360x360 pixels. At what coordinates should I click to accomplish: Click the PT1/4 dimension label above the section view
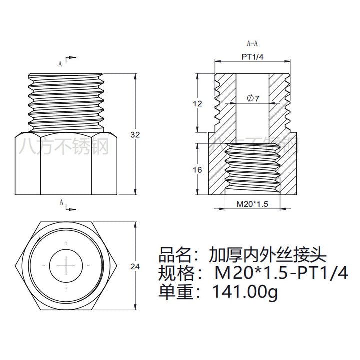tap(252, 57)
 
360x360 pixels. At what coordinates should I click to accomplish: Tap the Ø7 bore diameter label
tap(253, 98)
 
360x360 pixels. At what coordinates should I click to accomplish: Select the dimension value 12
tap(197, 104)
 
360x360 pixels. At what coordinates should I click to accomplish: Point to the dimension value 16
tap(197, 170)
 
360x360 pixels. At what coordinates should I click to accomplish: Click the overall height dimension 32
tap(135, 135)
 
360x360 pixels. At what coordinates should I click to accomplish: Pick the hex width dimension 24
tap(135, 267)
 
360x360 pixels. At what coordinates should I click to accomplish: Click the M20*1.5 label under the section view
tap(252, 204)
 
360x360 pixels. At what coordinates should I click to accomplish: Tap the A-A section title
tap(252, 43)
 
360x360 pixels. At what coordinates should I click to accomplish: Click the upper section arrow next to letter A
tap(71, 59)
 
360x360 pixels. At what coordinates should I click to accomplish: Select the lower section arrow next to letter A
tap(71, 208)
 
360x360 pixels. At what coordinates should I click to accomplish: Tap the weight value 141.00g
tap(245, 292)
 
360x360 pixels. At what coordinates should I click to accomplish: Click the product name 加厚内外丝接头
tap(267, 255)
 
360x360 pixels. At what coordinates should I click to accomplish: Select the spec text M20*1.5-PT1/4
tap(281, 273)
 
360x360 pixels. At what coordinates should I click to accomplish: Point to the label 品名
tap(174, 255)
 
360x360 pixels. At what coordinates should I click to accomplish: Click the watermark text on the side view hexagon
tap(64, 146)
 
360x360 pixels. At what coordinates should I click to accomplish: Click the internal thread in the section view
tap(252, 169)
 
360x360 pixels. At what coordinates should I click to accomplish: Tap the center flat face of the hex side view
tap(66, 165)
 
